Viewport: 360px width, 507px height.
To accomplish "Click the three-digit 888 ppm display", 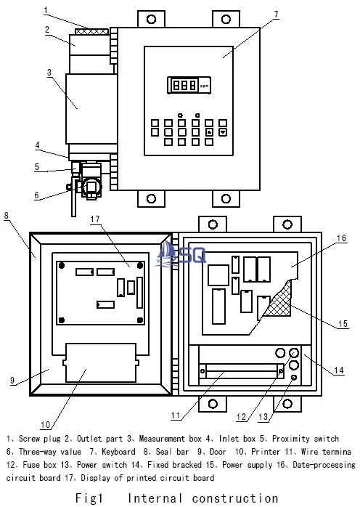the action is [189, 85].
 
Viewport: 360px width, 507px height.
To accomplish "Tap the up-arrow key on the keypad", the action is [209, 132].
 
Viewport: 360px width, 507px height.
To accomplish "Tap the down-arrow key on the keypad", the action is [223, 132].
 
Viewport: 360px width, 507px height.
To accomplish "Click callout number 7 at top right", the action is [276, 15].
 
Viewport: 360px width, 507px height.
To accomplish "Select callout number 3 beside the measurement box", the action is [49, 72].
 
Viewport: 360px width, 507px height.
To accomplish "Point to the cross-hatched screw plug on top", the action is [91, 32].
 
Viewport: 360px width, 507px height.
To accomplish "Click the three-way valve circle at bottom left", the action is [91, 187].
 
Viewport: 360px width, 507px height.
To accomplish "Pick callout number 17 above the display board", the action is [95, 219].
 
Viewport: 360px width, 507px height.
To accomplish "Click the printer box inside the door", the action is [101, 362].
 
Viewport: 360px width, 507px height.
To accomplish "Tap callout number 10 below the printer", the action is [46, 424].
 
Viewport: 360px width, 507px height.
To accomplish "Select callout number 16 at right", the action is [341, 238].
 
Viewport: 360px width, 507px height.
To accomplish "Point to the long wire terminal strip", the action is [242, 371].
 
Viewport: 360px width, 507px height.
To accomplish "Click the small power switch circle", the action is [294, 377].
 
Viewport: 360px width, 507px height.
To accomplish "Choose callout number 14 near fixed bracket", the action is [339, 370].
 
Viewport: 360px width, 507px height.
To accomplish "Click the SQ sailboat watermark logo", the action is [180, 254].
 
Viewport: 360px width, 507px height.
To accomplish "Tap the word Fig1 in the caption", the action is [89, 498].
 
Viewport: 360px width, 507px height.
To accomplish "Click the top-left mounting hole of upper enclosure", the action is [151, 19].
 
